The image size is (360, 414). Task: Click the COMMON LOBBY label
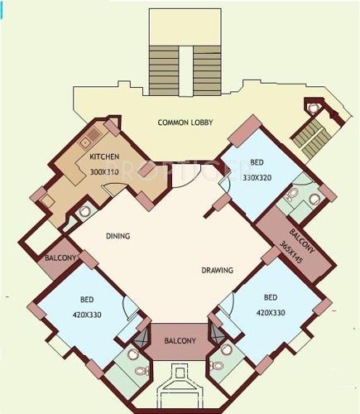(185, 123)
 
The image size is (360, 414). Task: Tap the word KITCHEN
(105, 156)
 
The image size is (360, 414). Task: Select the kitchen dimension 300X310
(105, 171)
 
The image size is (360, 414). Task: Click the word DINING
(118, 236)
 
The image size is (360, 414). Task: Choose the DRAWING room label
(217, 270)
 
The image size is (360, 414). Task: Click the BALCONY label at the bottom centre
(180, 340)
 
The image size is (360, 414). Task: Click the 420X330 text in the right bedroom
(270, 312)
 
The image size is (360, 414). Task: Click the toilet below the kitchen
(84, 212)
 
